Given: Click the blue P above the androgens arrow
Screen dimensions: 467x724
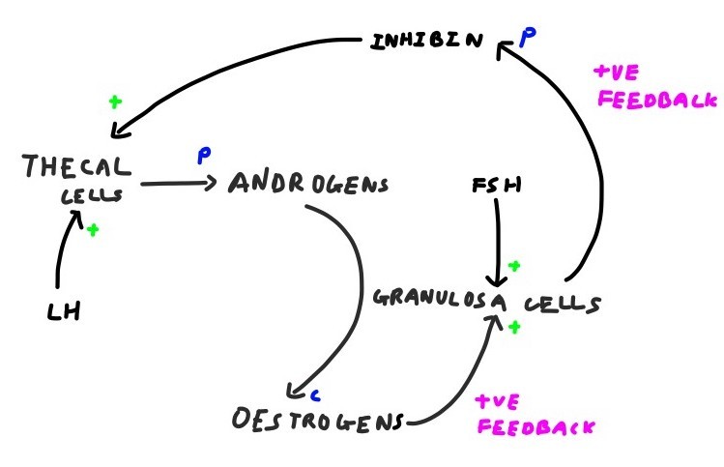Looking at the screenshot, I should pyautogui.click(x=204, y=154).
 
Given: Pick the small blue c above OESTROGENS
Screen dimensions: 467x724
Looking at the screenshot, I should pyautogui.click(x=315, y=394).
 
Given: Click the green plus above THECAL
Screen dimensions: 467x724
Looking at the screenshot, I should pyautogui.click(x=115, y=101).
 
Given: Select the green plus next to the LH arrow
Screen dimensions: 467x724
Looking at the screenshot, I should pyautogui.click(x=94, y=230).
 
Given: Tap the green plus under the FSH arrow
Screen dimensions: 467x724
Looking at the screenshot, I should pyautogui.click(x=514, y=265).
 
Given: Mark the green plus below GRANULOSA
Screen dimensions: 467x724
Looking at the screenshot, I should pyautogui.click(x=514, y=328).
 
